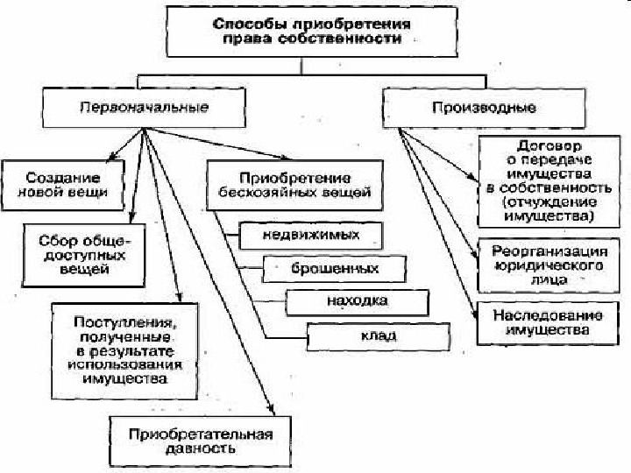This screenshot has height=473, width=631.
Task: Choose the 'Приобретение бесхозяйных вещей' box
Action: coord(294,184)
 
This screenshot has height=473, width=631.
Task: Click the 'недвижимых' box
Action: coord(311,235)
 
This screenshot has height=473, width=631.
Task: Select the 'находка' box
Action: coord(357,301)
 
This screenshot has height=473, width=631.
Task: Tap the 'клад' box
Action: coord(378,335)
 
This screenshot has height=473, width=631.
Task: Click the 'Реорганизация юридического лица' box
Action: coord(544,262)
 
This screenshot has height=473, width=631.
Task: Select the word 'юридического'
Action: coord(543,263)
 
